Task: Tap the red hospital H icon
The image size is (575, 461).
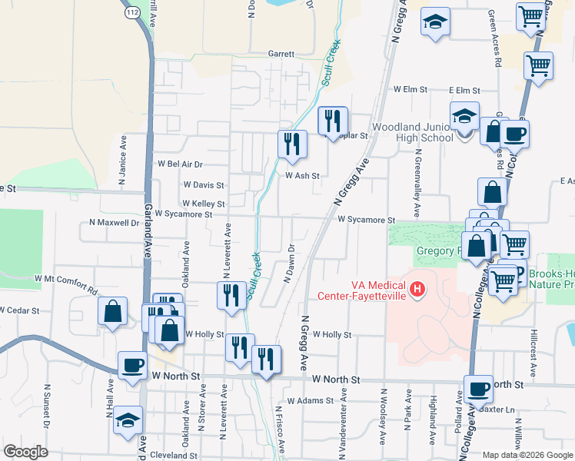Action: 417,290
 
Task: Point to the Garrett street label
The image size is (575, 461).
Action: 281,55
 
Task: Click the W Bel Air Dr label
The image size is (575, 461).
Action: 180,164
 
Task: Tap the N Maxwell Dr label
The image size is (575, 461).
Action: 108,224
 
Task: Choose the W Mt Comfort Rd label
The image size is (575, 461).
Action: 66,282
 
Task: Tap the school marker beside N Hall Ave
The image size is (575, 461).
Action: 128,420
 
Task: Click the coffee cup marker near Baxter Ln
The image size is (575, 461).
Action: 479,388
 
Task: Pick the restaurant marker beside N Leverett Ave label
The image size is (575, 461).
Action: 231,295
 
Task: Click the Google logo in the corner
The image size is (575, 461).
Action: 25,452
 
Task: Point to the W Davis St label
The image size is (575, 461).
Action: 204,185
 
